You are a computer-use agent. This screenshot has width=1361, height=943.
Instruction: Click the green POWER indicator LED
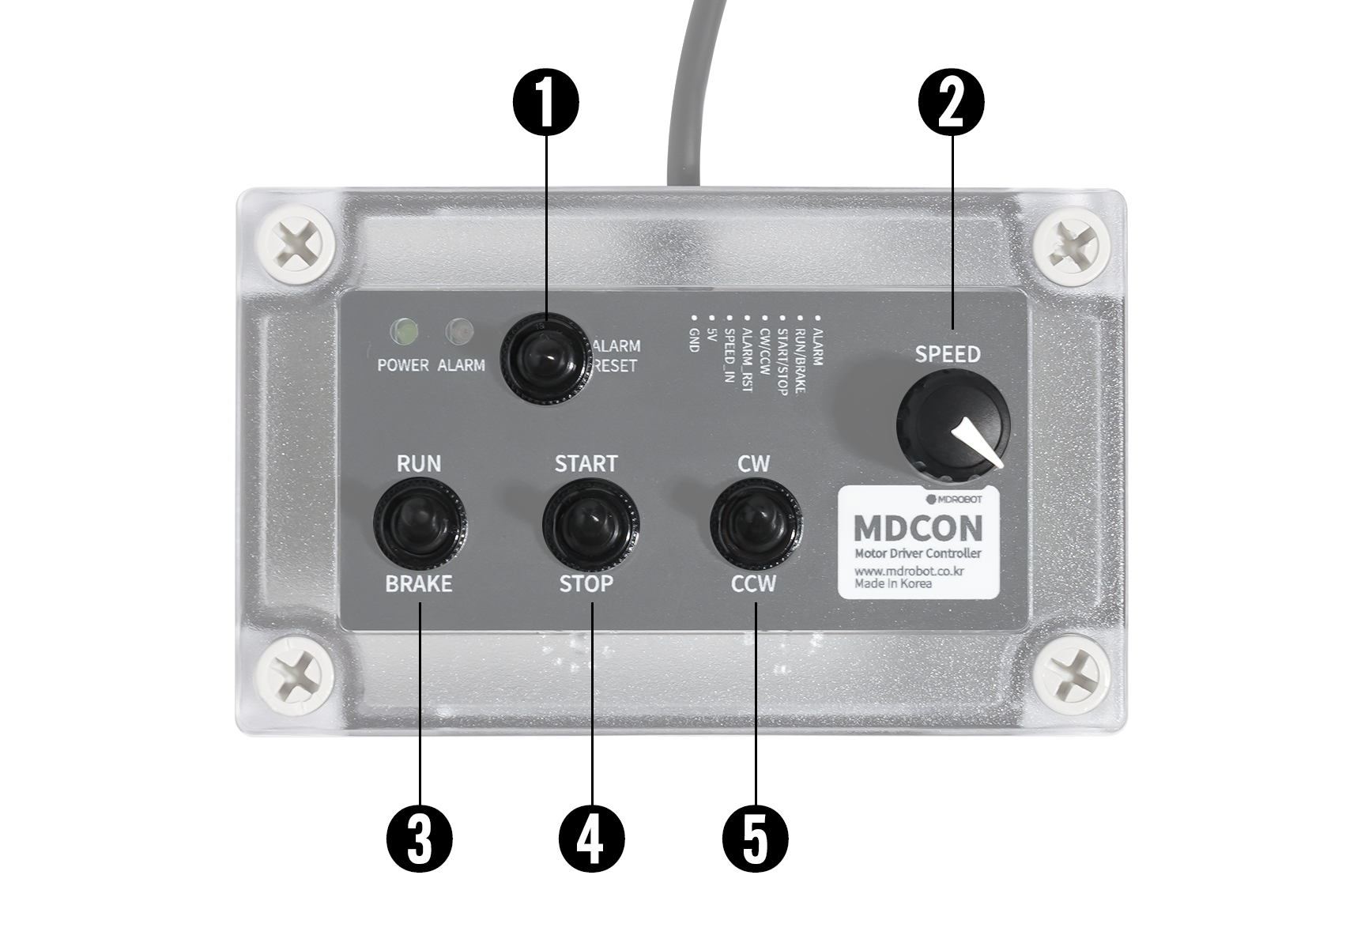pos(403,332)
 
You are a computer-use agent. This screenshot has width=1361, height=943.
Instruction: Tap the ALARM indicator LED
pos(458,332)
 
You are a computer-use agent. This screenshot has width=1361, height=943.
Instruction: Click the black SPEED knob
pos(952,425)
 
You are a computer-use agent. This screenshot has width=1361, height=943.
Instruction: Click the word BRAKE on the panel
pos(418,584)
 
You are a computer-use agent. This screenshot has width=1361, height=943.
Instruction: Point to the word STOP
pos(586,584)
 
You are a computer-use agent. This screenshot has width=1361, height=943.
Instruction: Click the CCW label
pos(753,584)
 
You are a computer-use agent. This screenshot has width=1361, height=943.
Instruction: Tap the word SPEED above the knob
pos(948,354)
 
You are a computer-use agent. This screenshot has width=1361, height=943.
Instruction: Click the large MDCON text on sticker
pos(918,528)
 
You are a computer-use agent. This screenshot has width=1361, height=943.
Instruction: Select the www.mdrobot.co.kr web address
pos(909,571)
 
